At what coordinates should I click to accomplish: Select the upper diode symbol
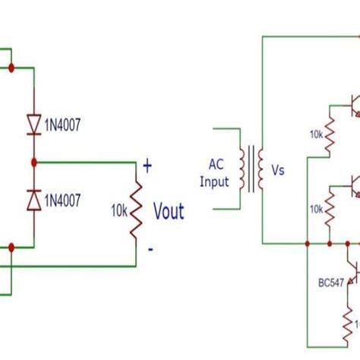33,124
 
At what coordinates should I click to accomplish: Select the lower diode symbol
33,199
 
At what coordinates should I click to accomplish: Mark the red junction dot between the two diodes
33,162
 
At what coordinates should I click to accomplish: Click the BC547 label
330,281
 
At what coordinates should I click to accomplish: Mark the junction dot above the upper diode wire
12,68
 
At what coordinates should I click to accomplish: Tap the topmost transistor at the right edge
352,102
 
